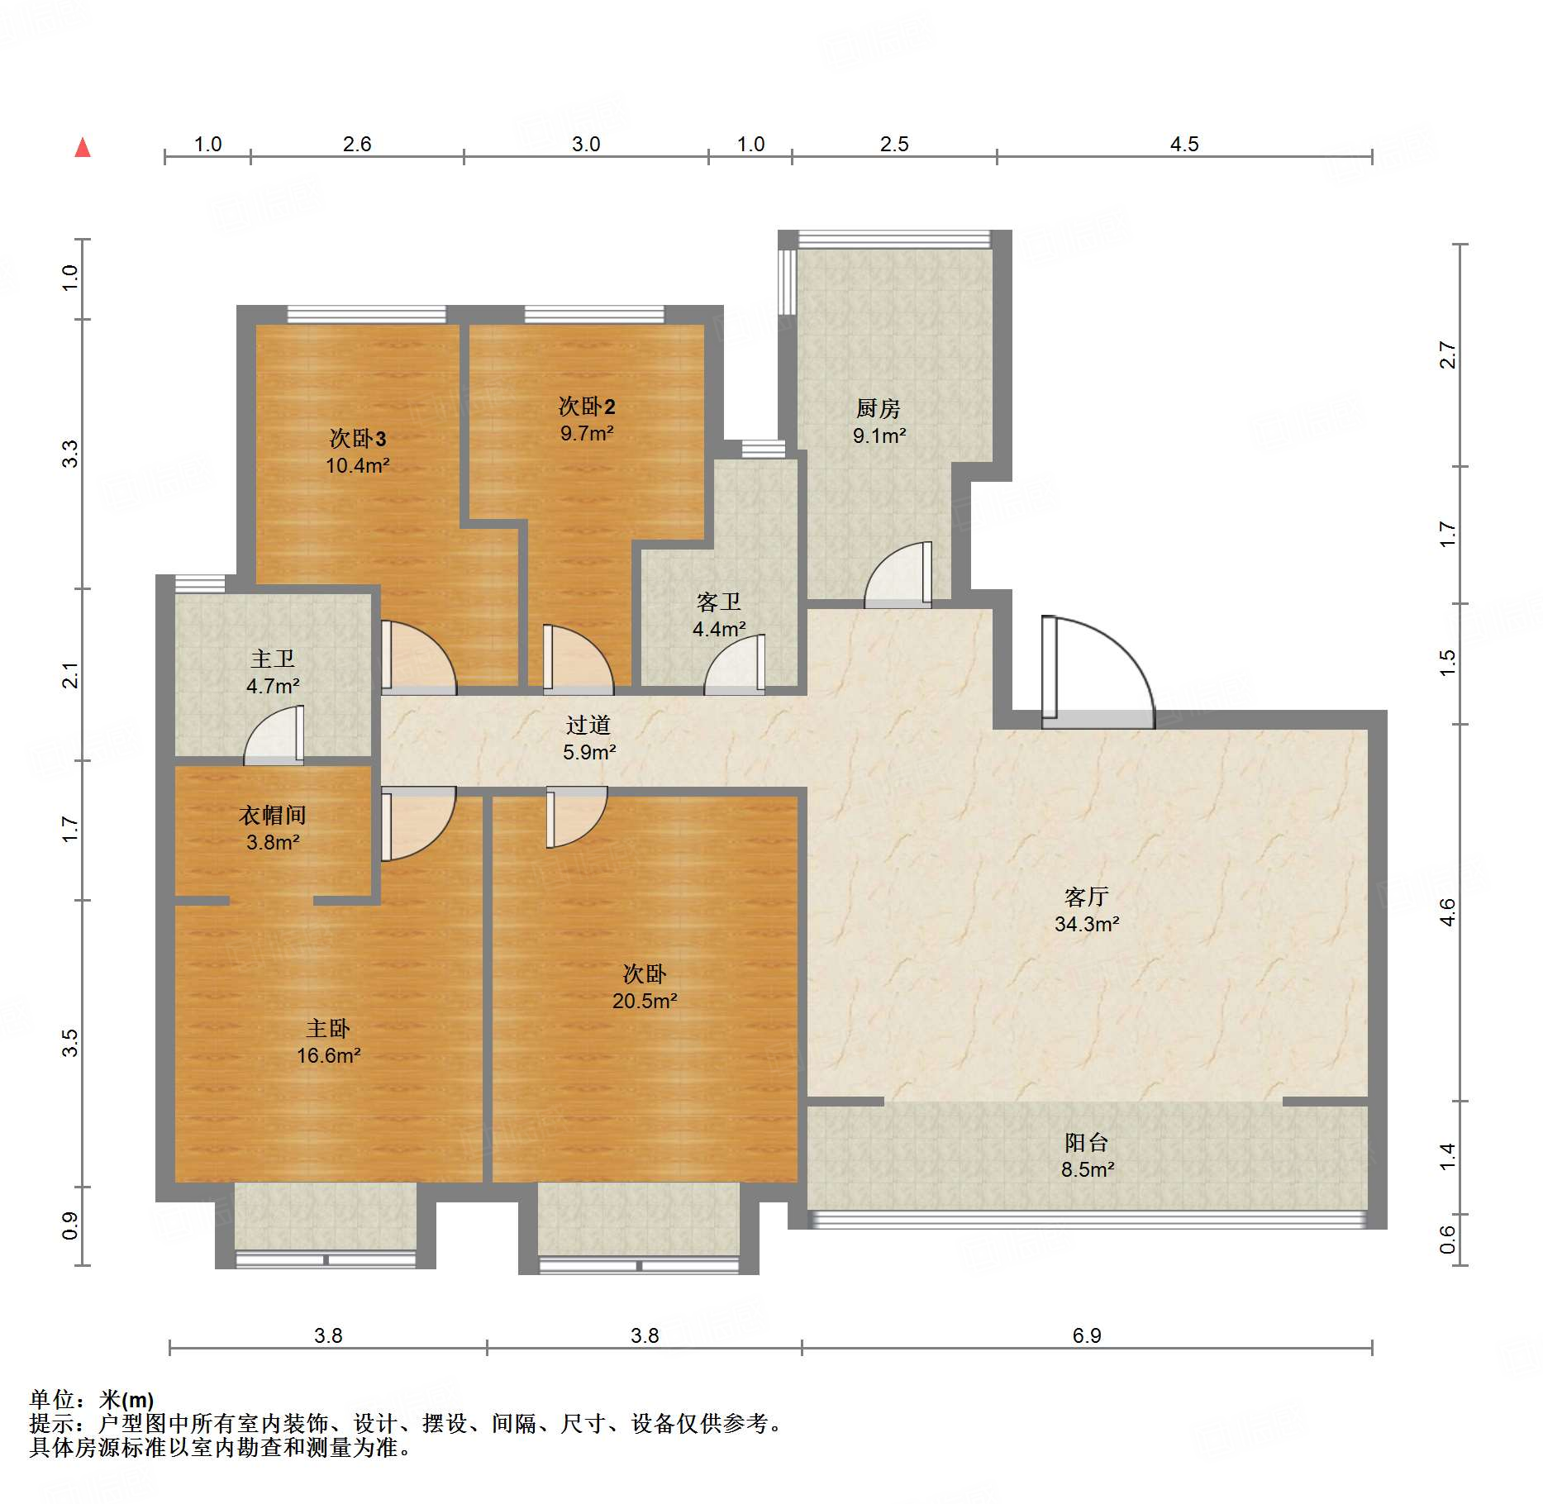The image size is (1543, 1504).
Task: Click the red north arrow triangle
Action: [x=83, y=148]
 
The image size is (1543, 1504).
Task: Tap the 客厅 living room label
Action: [x=1086, y=897]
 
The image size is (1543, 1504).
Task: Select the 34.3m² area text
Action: [x=1087, y=924]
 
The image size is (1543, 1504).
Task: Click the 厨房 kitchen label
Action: [x=878, y=408]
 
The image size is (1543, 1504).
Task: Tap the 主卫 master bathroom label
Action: [x=273, y=659]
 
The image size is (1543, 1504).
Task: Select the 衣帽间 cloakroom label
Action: [x=273, y=815]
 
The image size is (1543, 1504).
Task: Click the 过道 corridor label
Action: [x=588, y=725]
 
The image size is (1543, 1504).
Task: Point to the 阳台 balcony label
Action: [x=1086, y=1142]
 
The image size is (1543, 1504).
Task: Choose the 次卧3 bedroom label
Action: [x=358, y=438]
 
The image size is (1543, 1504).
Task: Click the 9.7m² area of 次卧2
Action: [x=587, y=433]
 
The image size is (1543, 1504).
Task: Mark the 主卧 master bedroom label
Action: [x=328, y=1028]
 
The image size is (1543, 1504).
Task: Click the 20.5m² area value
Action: [x=645, y=1001]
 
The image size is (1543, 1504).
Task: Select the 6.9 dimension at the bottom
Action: [x=1087, y=1335]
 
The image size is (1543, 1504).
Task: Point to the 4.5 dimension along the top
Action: [x=1184, y=144]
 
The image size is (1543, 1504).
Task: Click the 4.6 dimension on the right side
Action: [x=1447, y=912]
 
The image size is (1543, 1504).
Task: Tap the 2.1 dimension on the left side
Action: [x=70, y=675]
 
